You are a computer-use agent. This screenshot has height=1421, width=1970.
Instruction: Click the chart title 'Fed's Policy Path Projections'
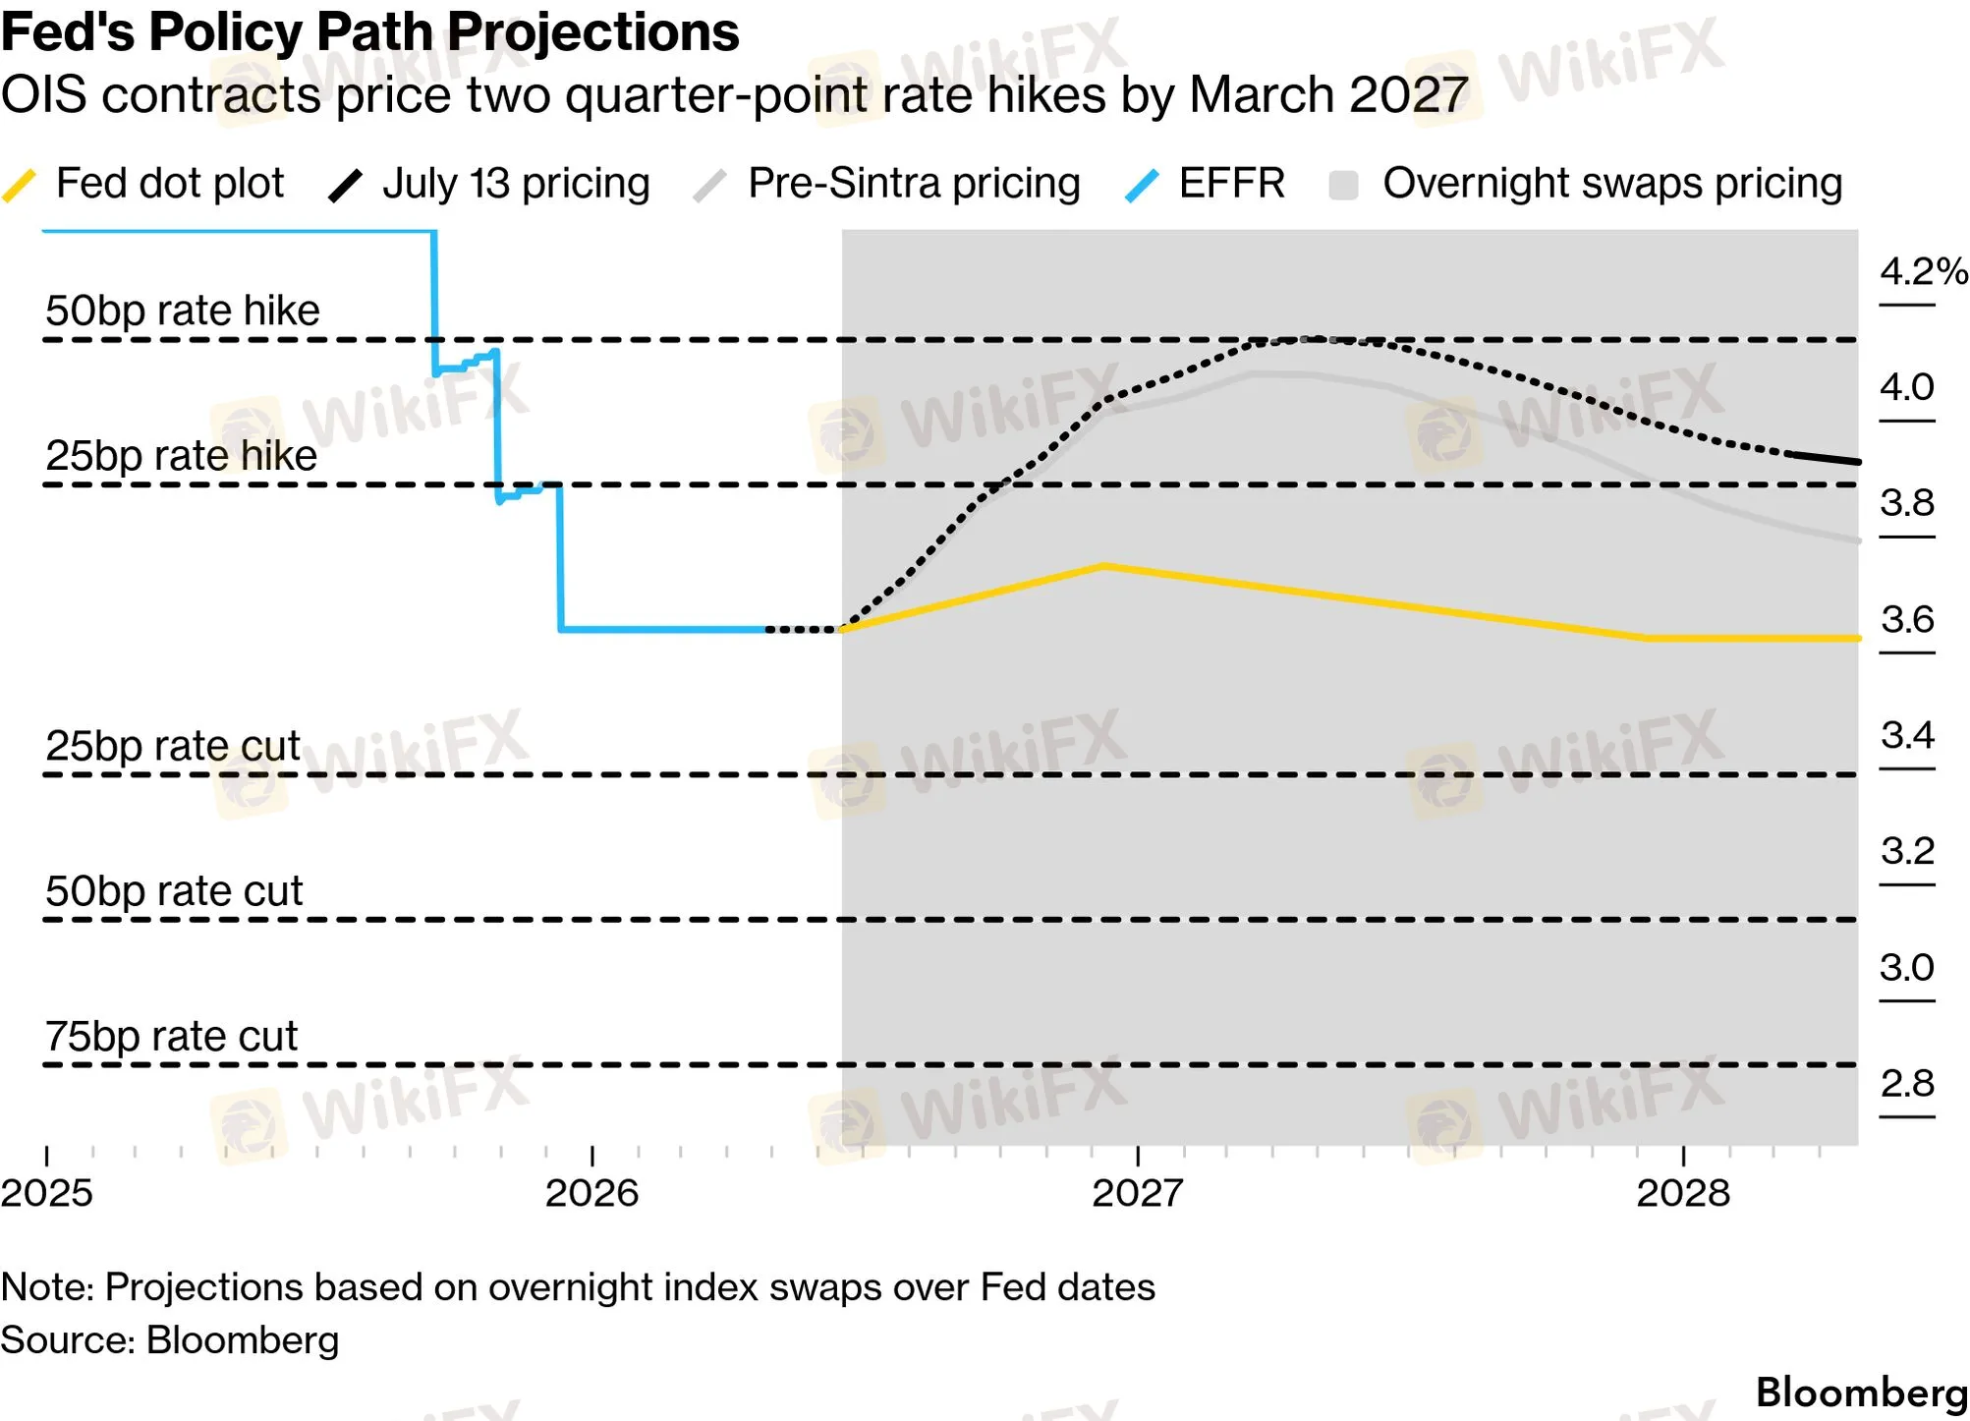pyautogui.click(x=369, y=31)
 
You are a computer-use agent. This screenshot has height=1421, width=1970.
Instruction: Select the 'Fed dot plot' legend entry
pyautogui.click(x=143, y=184)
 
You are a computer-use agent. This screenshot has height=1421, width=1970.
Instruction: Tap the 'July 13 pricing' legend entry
pyautogui.click(x=489, y=184)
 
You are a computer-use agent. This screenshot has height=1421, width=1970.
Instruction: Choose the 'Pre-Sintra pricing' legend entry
pyautogui.click(x=886, y=184)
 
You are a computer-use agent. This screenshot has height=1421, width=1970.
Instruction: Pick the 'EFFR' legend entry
pyautogui.click(x=1205, y=184)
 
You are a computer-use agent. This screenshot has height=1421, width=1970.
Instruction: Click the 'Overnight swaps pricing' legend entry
pyautogui.click(x=1585, y=184)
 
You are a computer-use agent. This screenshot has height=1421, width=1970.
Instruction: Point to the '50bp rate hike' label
pyautogui.click(x=183, y=311)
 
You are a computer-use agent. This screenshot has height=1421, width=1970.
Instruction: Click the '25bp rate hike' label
pyautogui.click(x=182, y=456)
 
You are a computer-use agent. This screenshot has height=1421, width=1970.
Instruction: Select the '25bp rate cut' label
pyautogui.click(x=173, y=746)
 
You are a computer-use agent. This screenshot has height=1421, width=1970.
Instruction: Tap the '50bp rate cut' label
pyautogui.click(x=174, y=891)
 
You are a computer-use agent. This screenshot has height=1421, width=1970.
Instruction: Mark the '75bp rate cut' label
pyautogui.click(x=172, y=1037)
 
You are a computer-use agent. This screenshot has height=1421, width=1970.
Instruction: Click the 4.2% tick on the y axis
pyautogui.click(x=1923, y=271)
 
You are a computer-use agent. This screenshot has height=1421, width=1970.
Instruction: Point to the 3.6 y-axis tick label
pyautogui.click(x=1907, y=620)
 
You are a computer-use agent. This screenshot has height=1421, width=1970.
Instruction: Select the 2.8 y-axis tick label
pyautogui.click(x=1907, y=1084)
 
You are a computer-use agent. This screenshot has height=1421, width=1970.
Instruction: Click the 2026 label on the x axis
pyautogui.click(x=591, y=1193)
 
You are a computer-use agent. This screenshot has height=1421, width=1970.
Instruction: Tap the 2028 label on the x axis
pyautogui.click(x=1683, y=1193)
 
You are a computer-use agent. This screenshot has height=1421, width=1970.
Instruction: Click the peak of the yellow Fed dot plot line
pyautogui.click(x=1104, y=566)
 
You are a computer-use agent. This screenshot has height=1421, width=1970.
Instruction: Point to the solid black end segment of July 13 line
pyautogui.click(x=1825, y=458)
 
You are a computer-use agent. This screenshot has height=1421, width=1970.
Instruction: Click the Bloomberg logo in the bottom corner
pyautogui.click(x=1861, y=1393)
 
